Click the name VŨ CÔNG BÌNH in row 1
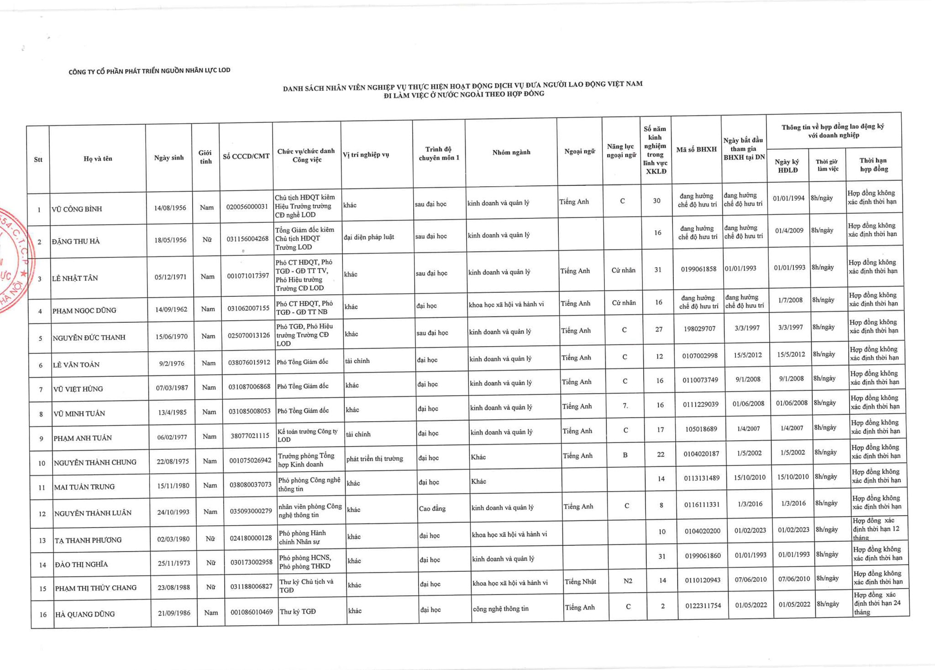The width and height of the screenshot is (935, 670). pos(77,209)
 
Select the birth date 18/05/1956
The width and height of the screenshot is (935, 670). pos(170,240)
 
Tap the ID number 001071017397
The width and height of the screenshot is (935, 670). pos(248,276)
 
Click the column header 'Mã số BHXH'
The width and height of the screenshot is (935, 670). pos(696,149)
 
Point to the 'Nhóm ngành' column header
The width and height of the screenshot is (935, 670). pos(511,152)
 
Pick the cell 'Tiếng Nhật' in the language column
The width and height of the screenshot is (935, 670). pos(580,582)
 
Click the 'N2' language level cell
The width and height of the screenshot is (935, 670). pos(628,581)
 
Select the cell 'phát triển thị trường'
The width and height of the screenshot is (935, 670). pos(375,459)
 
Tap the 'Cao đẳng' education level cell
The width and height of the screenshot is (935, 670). pos(432,508)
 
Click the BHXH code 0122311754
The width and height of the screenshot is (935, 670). pos(703,606)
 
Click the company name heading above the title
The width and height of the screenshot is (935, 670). pos(149,71)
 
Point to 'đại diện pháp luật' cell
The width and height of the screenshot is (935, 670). pos(369,237)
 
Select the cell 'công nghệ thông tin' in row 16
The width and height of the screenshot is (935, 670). pos(500,608)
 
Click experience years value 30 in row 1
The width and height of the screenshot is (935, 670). pos(657,200)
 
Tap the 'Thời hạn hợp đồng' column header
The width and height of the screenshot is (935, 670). pos(873,165)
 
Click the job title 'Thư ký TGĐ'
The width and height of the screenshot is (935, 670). pos(297,612)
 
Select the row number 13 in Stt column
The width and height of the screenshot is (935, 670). pos(42,541)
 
